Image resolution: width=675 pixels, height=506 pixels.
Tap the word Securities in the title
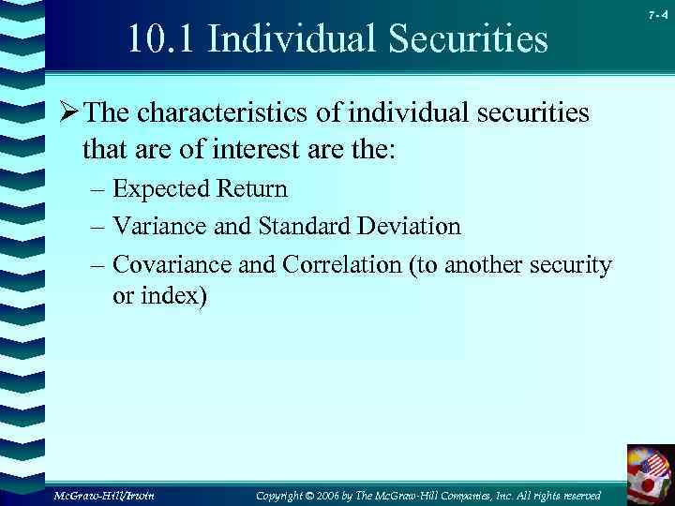coord(470,39)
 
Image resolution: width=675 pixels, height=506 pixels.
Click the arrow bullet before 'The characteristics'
coord(67,114)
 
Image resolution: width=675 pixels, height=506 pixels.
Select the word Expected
coord(161,189)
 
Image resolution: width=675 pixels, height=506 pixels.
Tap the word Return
coord(252,189)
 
